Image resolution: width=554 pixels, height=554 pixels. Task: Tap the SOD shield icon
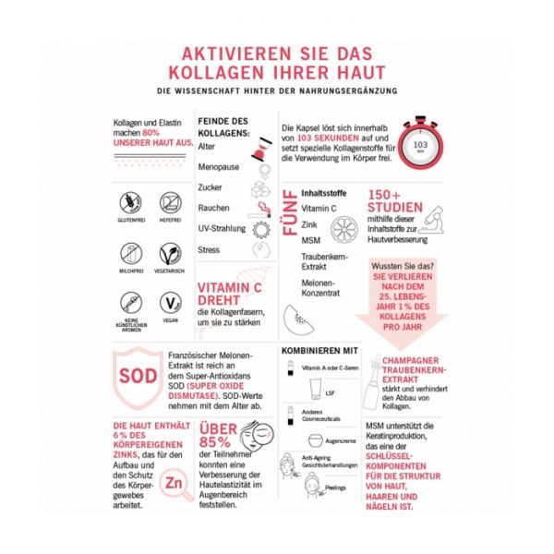[x=135, y=377]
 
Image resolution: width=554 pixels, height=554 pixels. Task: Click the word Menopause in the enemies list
[x=219, y=167]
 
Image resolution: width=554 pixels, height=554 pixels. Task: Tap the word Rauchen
[x=213, y=208]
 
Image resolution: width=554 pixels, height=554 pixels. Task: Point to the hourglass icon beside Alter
[x=265, y=147]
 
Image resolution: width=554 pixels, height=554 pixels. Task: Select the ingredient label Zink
[x=310, y=224]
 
